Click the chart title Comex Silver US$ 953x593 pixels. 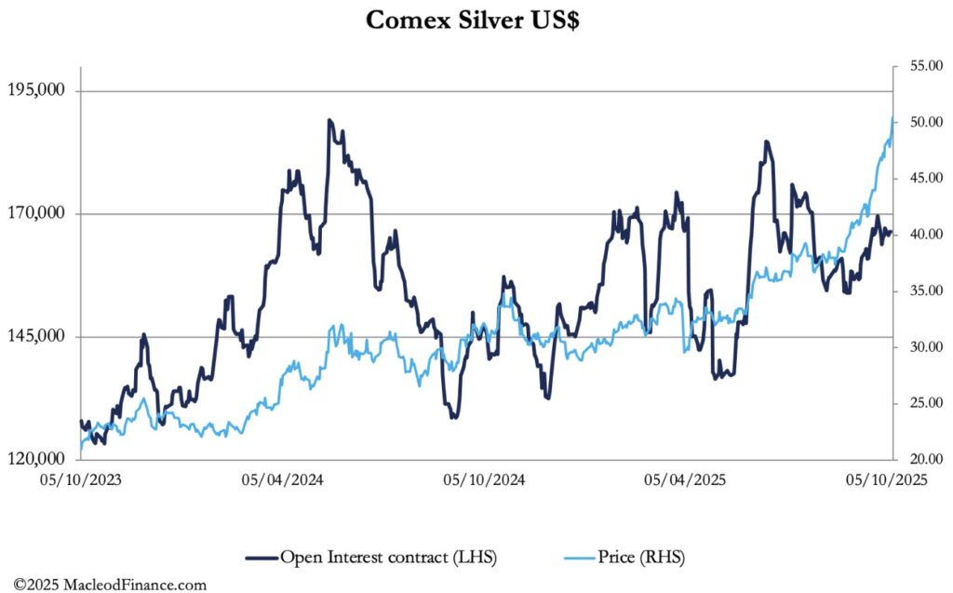coord(472,20)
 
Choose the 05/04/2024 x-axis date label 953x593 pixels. coord(282,480)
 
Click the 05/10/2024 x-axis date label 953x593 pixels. coord(484,480)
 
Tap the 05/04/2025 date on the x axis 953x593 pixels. coord(685,480)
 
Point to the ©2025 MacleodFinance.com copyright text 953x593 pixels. coord(103,585)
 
